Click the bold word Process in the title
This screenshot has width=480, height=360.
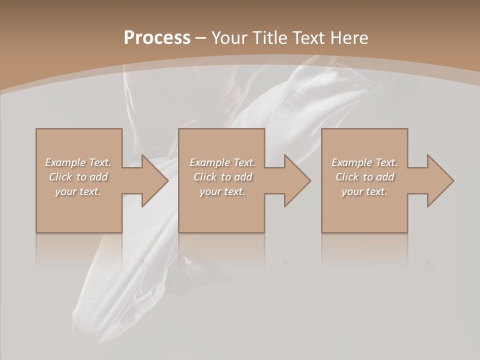coord(157,38)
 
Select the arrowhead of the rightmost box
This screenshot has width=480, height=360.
coord(439,181)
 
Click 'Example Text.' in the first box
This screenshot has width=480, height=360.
coord(78,162)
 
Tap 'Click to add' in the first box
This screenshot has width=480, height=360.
coord(78,177)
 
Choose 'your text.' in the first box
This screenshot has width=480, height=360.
coord(78,191)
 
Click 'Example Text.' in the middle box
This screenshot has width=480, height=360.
coord(222,162)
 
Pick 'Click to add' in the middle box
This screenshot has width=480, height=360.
coord(222,177)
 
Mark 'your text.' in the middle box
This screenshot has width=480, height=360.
coord(222,191)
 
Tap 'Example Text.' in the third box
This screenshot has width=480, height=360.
coord(364,162)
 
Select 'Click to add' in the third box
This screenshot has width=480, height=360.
coord(364,177)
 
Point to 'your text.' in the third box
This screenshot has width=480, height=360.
coord(364,191)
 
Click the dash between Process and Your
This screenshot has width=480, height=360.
coord(200,38)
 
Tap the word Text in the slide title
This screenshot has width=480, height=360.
coord(308,38)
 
